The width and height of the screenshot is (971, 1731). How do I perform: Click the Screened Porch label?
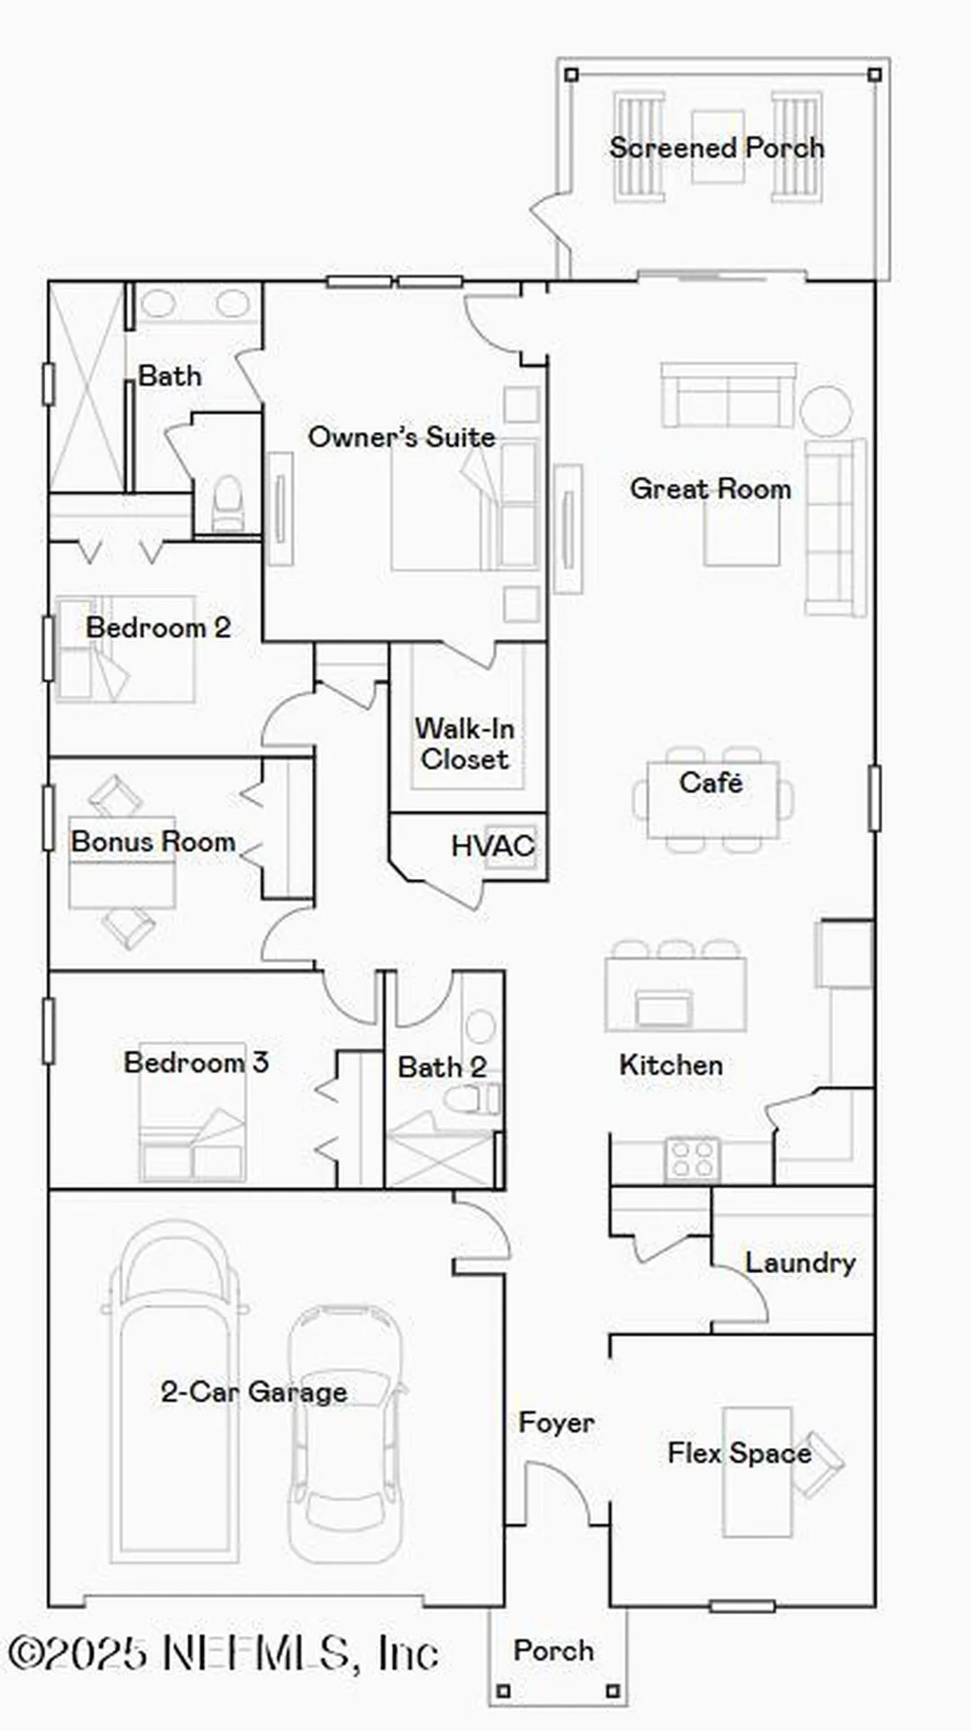717,148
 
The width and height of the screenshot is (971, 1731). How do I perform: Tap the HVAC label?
492,846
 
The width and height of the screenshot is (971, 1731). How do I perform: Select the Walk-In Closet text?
464,744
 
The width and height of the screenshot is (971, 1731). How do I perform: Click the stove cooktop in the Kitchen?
692,1159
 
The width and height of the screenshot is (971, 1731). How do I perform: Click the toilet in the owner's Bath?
227,505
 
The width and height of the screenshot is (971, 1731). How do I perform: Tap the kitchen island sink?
664,1006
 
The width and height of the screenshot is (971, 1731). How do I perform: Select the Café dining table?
712,801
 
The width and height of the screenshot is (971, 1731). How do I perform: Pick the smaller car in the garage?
345,1433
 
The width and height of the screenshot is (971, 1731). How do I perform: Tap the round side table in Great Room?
826,411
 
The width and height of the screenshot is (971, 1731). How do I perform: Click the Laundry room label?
800,1262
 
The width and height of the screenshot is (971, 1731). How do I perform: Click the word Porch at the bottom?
554,1651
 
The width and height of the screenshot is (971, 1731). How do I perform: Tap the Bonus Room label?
153,842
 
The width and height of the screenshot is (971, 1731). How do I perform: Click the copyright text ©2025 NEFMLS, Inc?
223,1653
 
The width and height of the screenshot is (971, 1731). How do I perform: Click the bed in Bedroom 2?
126,649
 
